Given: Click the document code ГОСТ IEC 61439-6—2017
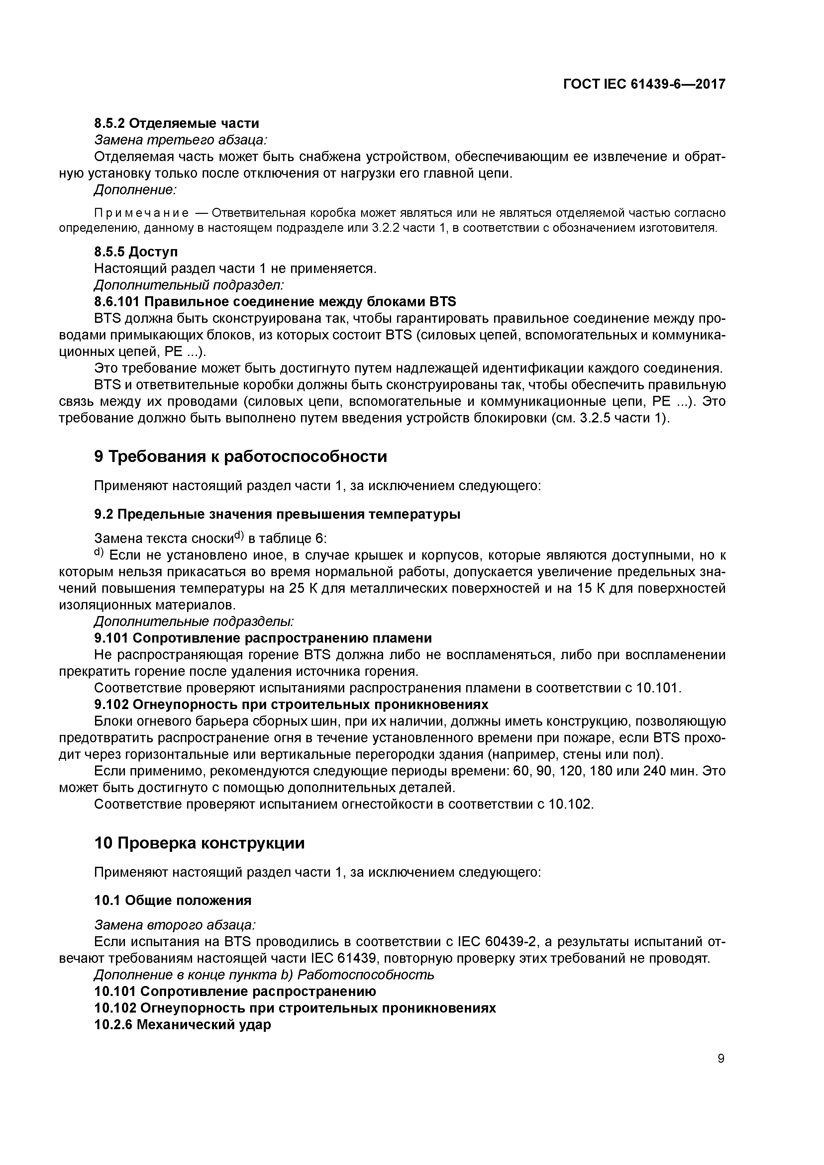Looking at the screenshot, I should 644,84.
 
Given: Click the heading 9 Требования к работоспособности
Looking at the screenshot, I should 240,457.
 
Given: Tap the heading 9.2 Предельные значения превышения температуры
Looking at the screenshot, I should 277,514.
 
